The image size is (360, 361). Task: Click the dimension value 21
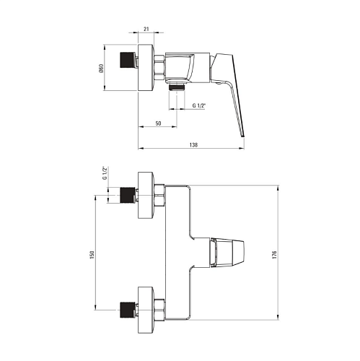pos(146,29)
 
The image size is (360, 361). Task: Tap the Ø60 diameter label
pos(101,68)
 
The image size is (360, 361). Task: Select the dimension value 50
pos(158,123)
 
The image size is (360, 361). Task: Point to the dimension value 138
pos(193,145)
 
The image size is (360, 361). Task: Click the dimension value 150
pos(92,255)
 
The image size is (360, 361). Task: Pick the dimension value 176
pos(274,255)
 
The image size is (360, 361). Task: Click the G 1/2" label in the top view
pos(199,105)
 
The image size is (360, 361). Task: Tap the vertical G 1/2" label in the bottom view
pos(105,173)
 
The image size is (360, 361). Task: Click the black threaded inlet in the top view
pos(126,60)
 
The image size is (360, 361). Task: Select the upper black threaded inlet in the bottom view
pos(126,195)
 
